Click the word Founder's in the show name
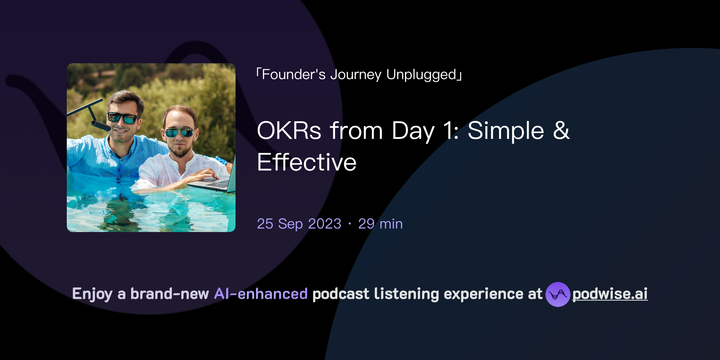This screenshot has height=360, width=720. (294, 75)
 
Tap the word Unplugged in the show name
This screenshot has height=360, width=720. (421, 75)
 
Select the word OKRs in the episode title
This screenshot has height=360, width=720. (289, 131)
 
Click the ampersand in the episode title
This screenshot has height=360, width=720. (561, 131)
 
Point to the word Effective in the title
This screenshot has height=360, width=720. (307, 162)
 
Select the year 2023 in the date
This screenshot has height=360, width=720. (324, 224)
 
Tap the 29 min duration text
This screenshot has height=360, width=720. (380, 224)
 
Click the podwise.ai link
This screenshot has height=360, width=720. (610, 294)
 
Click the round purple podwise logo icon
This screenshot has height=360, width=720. (558, 294)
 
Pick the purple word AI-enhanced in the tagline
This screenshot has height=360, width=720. (261, 294)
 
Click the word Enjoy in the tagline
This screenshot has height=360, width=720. (92, 294)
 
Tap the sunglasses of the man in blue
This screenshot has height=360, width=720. (123, 118)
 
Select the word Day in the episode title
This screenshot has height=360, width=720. (413, 131)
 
